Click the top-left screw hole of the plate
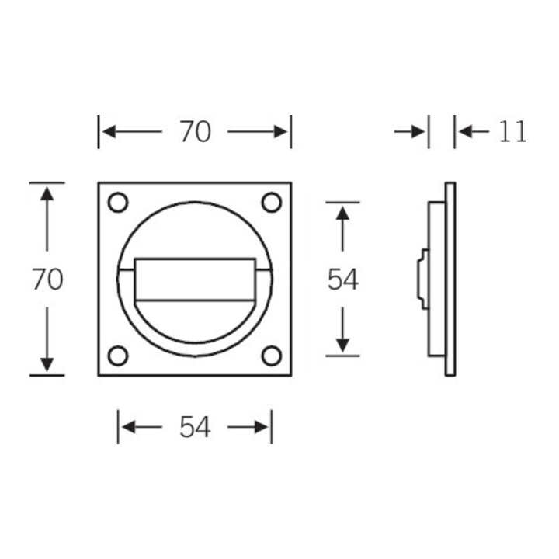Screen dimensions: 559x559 118,202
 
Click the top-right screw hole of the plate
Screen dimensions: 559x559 272,202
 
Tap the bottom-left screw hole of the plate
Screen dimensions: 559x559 118,356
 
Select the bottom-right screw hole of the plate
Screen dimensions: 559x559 272,356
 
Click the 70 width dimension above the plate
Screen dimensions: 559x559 195,131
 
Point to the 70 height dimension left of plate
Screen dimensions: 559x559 47,279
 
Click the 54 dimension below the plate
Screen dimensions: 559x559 195,427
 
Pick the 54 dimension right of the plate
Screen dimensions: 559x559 342,279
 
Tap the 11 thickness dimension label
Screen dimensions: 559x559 512,131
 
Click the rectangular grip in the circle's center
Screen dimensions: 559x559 195,279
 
